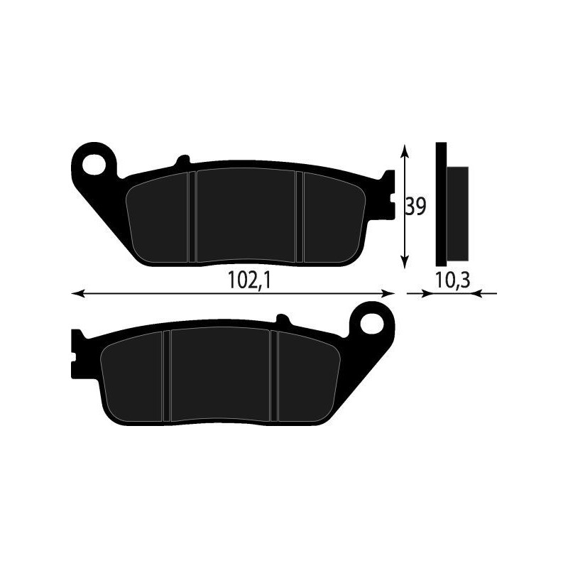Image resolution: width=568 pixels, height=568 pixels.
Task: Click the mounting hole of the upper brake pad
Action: pos(93,163)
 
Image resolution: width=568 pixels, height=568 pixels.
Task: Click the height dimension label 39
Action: pos(415,207)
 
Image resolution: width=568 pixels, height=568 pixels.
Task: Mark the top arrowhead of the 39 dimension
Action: pos(405,149)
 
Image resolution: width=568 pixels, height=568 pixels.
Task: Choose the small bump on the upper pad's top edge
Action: pos(183,160)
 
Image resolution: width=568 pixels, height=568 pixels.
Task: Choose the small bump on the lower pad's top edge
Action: pos(282,319)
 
